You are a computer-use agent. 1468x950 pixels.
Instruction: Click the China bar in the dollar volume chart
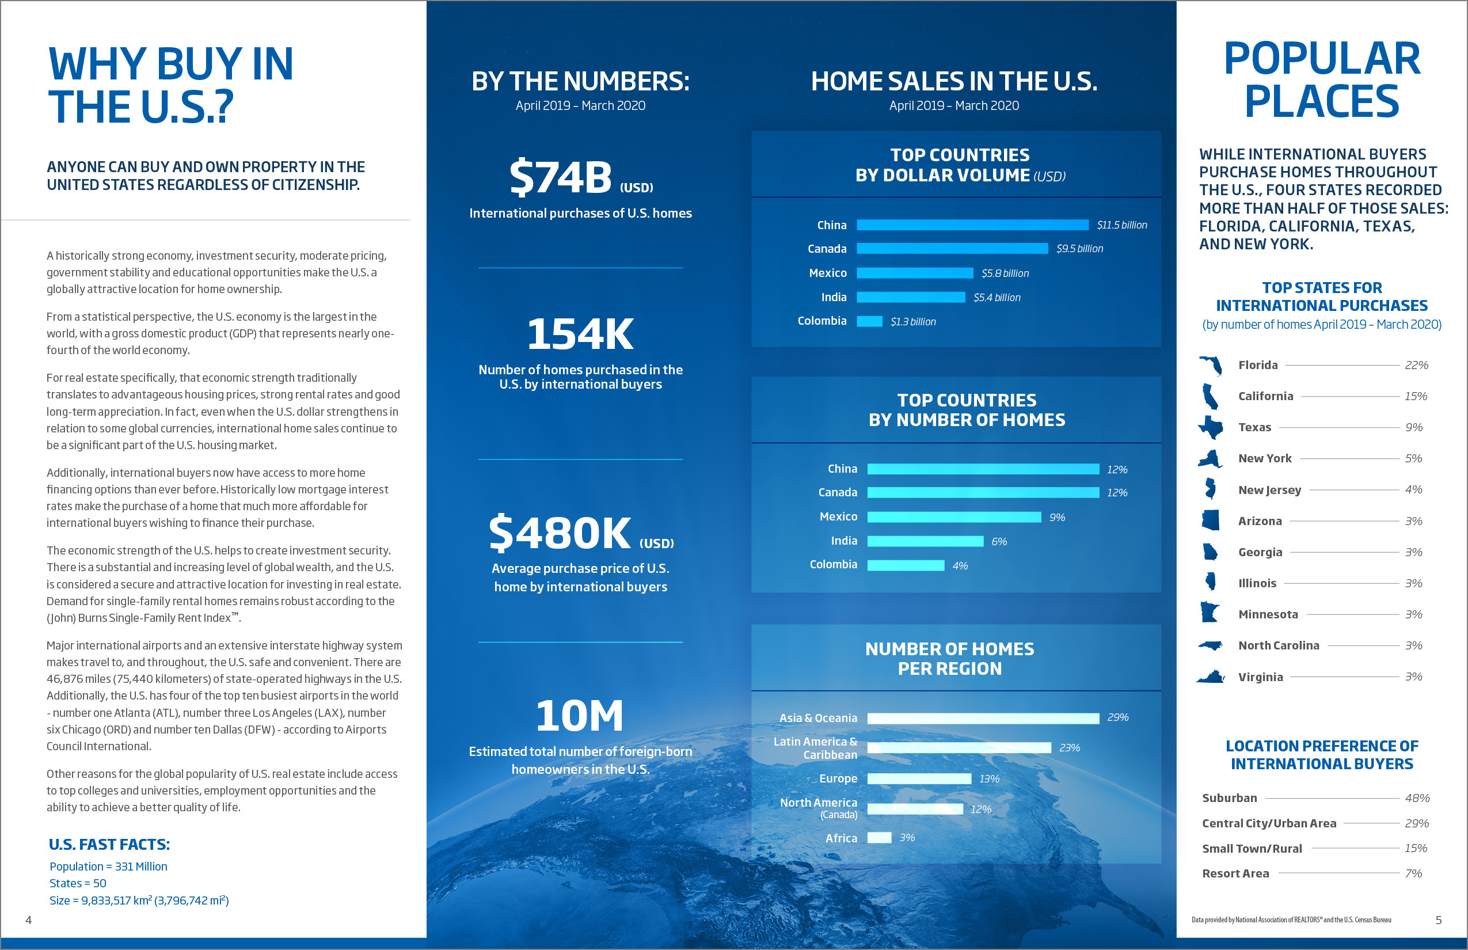pyautogui.click(x=972, y=225)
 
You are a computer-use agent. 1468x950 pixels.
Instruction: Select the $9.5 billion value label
pyautogui.click(x=1079, y=249)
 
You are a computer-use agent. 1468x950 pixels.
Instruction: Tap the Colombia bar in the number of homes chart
pyautogui.click(x=905, y=565)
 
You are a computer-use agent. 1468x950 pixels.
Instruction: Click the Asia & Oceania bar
pyautogui.click(x=983, y=718)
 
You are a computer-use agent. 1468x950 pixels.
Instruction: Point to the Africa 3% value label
pyautogui.click(x=906, y=838)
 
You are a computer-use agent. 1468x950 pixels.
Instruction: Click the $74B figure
pyautogui.click(x=560, y=177)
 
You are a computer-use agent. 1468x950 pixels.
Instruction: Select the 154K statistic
pyautogui.click(x=580, y=335)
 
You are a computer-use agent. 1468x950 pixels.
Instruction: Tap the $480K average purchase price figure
pyautogui.click(x=560, y=533)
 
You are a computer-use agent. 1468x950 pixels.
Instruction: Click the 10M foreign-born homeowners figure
pyautogui.click(x=579, y=716)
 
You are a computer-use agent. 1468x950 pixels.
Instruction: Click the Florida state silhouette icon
pyautogui.click(x=1211, y=365)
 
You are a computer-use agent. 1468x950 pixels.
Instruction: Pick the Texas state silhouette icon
pyautogui.click(x=1211, y=427)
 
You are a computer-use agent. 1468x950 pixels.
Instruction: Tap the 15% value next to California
pyautogui.click(x=1416, y=397)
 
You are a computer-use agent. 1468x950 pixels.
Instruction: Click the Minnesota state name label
pyautogui.click(x=1268, y=614)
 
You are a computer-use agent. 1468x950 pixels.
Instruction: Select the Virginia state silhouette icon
pyautogui.click(x=1210, y=677)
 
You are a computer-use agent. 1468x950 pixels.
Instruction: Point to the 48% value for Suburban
pyautogui.click(x=1417, y=798)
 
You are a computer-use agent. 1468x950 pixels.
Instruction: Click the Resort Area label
pyautogui.click(x=1235, y=873)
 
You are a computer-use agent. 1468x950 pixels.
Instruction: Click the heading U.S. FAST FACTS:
pyautogui.click(x=109, y=845)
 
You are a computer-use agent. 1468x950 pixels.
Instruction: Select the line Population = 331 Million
pyautogui.click(x=108, y=867)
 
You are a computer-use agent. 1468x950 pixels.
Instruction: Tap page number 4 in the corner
pyautogui.click(x=28, y=921)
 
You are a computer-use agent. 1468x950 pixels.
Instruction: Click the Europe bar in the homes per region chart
pyautogui.click(x=918, y=779)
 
